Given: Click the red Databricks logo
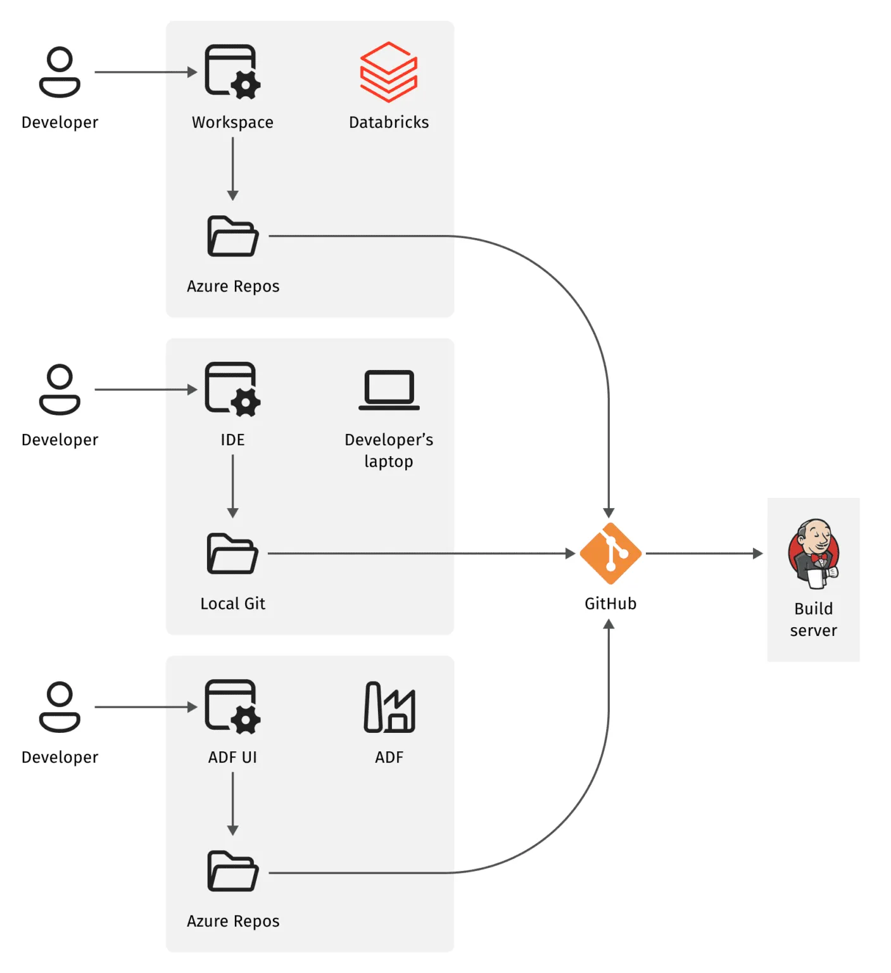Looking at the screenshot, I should point(388,72).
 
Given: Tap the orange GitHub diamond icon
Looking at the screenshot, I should point(610,554).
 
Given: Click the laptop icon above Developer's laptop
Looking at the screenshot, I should point(389,390).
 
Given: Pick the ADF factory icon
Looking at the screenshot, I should point(389,707).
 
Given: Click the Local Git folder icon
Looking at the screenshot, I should point(232,554).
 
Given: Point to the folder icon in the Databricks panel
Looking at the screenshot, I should point(232,236).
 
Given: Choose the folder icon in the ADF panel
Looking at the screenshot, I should point(232,872).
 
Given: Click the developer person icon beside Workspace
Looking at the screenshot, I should point(60,72).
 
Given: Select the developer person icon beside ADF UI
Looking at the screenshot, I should point(60,707).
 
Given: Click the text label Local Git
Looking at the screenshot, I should point(232,604).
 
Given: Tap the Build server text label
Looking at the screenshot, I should point(813,620).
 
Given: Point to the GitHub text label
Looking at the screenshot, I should point(610,604).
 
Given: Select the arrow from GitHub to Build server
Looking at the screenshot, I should point(703,554).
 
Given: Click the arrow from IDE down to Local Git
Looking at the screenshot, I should point(232,485).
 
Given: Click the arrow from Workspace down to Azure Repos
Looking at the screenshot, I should point(232,168).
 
